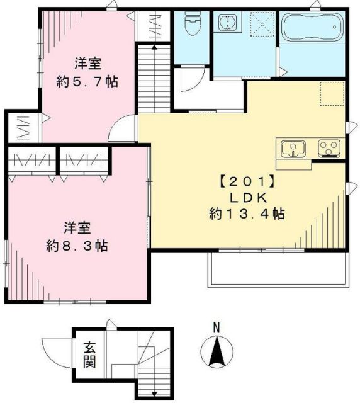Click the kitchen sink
point(293,149)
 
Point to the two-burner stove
point(329,149)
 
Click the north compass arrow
point(216,350)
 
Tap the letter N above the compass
point(216,327)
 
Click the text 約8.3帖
point(77,246)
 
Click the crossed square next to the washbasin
point(259,26)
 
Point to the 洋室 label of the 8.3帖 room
point(77,227)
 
